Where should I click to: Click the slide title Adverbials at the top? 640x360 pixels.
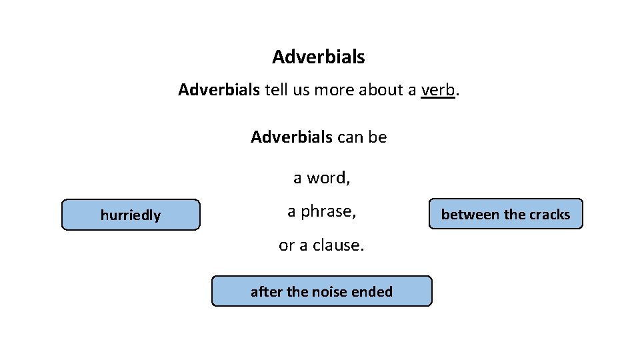point(318,57)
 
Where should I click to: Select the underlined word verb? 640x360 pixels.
point(438,90)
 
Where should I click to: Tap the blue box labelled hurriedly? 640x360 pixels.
point(131,215)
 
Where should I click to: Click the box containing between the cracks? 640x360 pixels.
point(505,214)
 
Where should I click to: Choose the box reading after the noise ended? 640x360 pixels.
point(321,291)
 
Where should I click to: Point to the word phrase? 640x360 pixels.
point(329,211)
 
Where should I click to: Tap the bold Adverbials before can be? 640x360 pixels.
point(291,137)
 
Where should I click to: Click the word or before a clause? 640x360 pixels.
point(286,245)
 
